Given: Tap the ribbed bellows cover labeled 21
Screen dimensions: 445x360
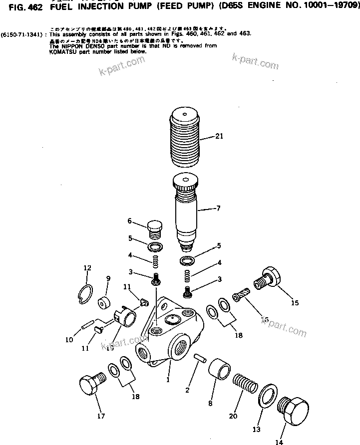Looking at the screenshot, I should (x=187, y=137).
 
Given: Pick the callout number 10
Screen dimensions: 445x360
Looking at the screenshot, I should (x=69, y=340).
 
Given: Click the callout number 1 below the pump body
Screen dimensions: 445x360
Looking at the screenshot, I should (x=168, y=379).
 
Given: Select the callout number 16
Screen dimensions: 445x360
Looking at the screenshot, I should (x=265, y=319).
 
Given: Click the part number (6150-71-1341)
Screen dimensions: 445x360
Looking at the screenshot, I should (x=23, y=34).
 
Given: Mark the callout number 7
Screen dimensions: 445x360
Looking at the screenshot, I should (x=217, y=208).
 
